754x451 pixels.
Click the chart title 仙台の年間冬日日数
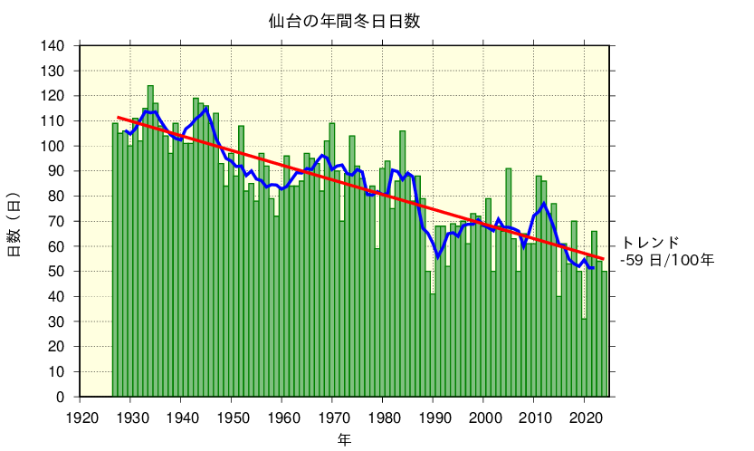[343, 20]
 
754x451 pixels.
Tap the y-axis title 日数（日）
[14, 224]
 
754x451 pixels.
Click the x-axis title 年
[344, 440]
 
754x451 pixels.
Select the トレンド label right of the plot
[650, 242]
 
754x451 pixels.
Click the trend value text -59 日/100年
[667, 260]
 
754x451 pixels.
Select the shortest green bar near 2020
[584, 358]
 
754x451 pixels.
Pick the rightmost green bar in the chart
[605, 334]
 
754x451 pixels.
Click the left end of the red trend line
[118, 118]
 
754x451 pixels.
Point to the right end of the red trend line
[604, 259]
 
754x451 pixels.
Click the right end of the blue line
[595, 267]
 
